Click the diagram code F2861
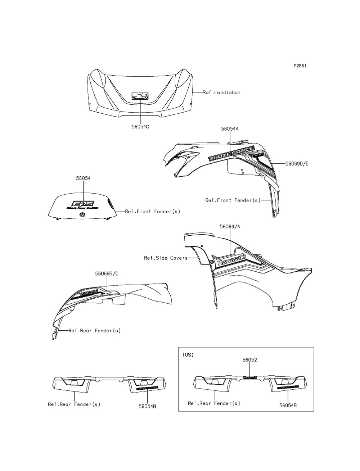click(300, 66)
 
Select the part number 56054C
click(141, 127)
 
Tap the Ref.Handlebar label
click(221, 92)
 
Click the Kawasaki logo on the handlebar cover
click(140, 96)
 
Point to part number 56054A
click(229, 128)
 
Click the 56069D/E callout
click(297, 164)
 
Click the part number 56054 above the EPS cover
click(83, 178)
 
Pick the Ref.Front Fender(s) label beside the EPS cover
click(152, 212)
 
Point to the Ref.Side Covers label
click(166, 258)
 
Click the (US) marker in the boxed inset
click(188, 355)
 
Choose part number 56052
click(249, 359)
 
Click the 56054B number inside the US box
click(288, 405)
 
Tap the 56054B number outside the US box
click(148, 406)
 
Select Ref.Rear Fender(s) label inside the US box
click(214, 403)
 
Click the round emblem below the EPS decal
click(82, 215)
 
